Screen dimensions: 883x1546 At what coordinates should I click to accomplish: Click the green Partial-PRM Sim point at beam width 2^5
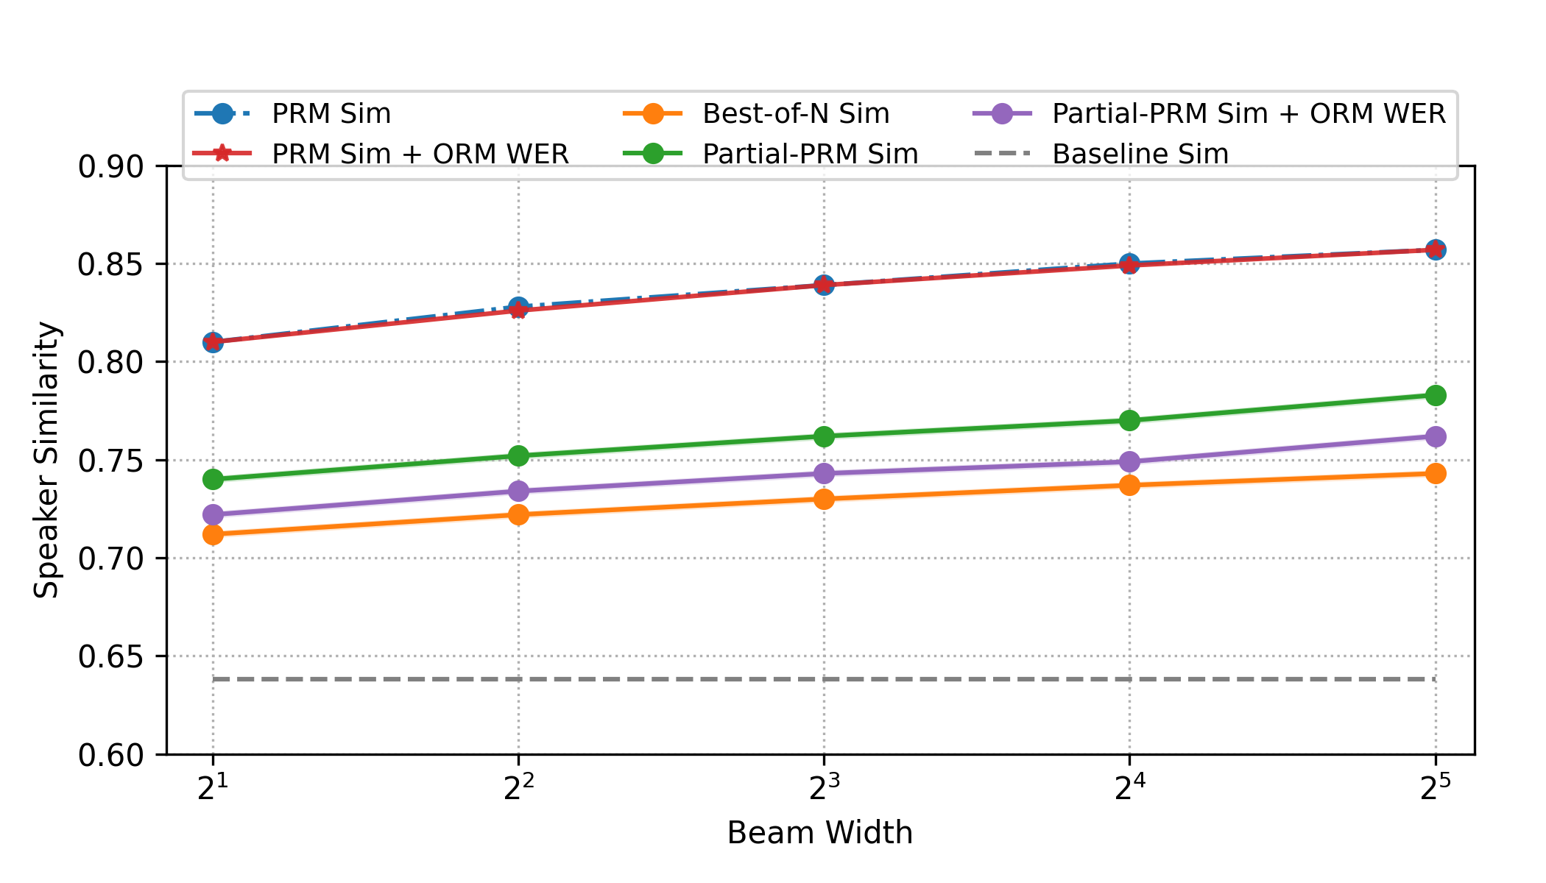pyautogui.click(x=1435, y=396)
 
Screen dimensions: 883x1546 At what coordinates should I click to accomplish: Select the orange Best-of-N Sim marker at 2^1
pyautogui.click(x=213, y=534)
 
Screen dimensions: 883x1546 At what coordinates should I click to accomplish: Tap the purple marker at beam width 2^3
pyautogui.click(x=824, y=473)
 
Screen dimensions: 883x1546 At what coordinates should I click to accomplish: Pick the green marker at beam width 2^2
pyautogui.click(x=518, y=455)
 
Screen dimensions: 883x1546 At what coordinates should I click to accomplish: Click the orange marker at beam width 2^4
pyautogui.click(x=1129, y=485)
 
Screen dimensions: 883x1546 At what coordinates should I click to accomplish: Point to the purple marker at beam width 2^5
pyautogui.click(x=1435, y=436)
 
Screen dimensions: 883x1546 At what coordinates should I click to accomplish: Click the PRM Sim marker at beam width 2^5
pyautogui.click(x=1435, y=249)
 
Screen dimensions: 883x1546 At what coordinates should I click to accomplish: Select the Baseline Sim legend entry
pyautogui.click(x=1140, y=154)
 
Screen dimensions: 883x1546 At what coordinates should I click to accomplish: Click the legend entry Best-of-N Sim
pyautogui.click(x=795, y=113)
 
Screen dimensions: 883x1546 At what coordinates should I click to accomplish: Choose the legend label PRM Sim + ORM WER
pyautogui.click(x=420, y=154)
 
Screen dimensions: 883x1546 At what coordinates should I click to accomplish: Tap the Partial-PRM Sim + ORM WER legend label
pyautogui.click(x=1249, y=113)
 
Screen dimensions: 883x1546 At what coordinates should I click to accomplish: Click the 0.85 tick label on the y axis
pyautogui.click(x=110, y=264)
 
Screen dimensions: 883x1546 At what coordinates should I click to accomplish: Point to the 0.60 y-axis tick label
pyautogui.click(x=110, y=755)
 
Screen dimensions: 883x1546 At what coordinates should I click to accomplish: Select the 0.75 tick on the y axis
pyautogui.click(x=110, y=461)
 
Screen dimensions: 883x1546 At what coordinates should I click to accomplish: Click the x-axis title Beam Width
pyautogui.click(x=819, y=833)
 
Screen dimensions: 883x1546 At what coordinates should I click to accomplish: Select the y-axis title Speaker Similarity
pyautogui.click(x=46, y=460)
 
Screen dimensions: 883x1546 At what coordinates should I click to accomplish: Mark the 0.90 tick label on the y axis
pyautogui.click(x=110, y=166)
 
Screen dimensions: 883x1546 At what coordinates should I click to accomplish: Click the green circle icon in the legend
pyautogui.click(x=653, y=154)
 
